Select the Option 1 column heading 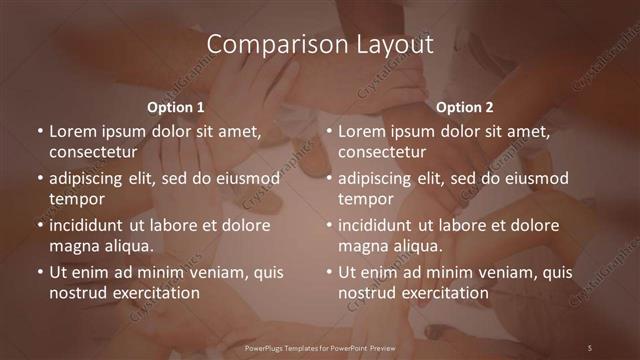(176, 106)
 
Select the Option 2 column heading (465, 106)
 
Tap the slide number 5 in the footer (590, 347)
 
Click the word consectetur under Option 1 (91, 151)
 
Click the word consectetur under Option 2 (381, 151)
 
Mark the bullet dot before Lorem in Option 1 (39, 132)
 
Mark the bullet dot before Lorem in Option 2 (329, 132)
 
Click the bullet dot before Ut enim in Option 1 (39, 272)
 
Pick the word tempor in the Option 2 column (364, 198)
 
